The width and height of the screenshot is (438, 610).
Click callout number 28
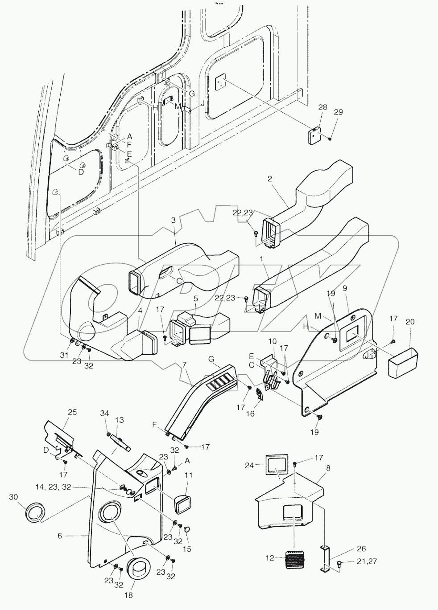click(322, 107)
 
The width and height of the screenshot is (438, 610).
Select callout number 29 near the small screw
click(338, 112)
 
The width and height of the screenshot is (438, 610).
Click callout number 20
click(410, 322)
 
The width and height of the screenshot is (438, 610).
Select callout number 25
click(72, 412)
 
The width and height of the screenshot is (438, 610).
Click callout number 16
click(251, 413)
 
